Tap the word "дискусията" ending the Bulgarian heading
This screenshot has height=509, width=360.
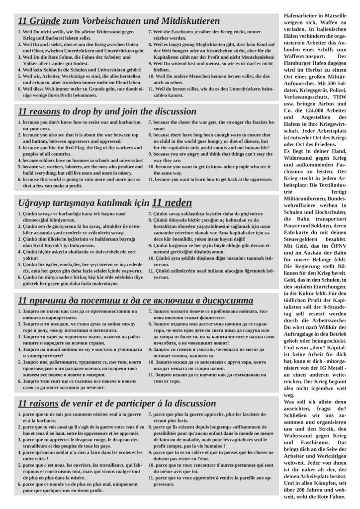(x=226, y=301)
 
